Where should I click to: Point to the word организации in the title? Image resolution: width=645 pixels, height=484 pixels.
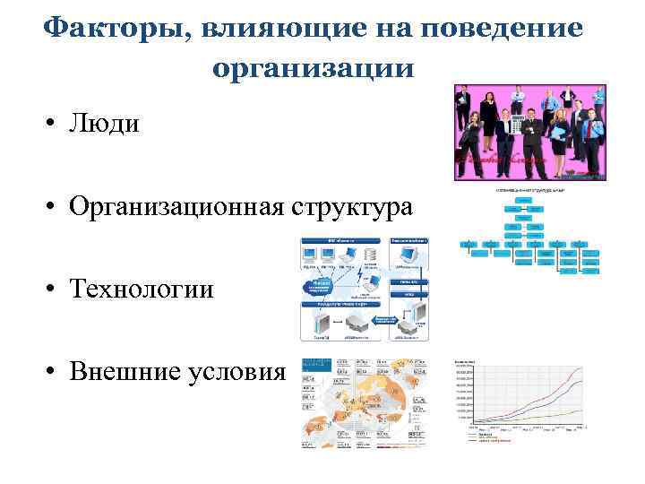(x=314, y=67)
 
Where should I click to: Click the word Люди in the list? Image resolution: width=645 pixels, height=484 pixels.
(x=106, y=123)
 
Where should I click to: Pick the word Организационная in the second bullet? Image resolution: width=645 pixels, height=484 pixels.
(x=180, y=207)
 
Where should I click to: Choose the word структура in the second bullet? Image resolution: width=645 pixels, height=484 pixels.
(x=357, y=207)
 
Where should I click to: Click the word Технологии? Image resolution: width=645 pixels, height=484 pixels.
(x=143, y=289)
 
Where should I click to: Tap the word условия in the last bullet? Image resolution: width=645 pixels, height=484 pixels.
(x=238, y=371)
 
